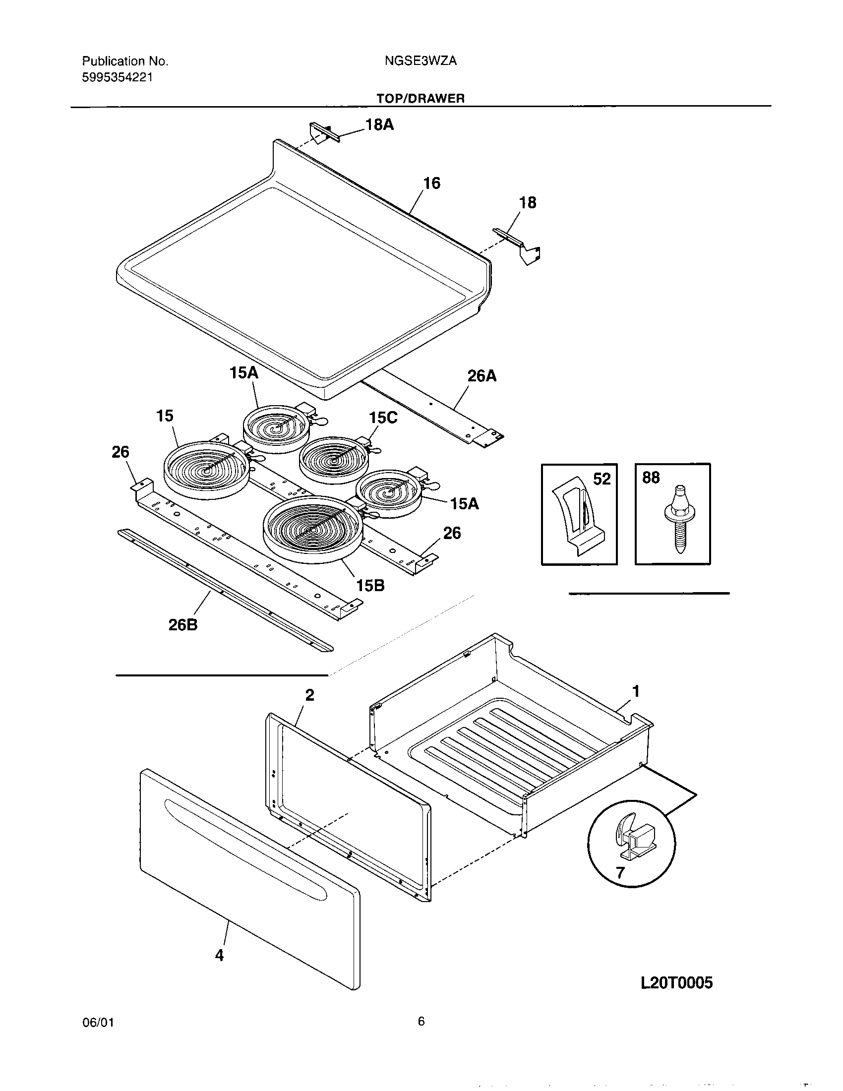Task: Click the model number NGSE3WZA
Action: (x=421, y=61)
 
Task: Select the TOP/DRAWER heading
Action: (x=421, y=98)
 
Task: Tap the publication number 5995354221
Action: (x=118, y=77)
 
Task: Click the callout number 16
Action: (x=431, y=183)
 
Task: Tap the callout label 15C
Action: (x=383, y=418)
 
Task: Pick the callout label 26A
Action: (x=482, y=376)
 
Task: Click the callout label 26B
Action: (x=183, y=624)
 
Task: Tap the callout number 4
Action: (x=219, y=955)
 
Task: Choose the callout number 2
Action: (x=309, y=695)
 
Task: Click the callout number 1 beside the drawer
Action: (x=636, y=691)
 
